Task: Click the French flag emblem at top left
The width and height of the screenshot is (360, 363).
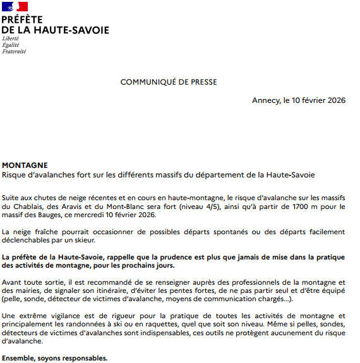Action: (x=14, y=6)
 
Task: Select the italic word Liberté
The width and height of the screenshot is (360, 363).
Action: (x=11, y=39)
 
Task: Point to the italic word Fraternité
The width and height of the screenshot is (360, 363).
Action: (x=14, y=51)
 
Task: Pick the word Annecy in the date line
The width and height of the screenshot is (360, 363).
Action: (x=266, y=100)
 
